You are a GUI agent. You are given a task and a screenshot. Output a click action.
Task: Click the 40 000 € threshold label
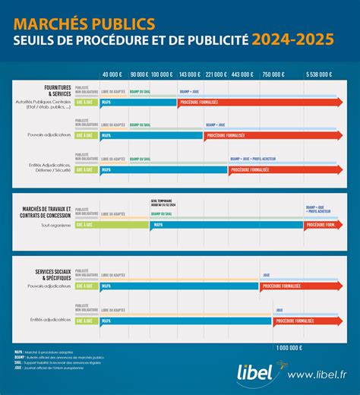point(111,74)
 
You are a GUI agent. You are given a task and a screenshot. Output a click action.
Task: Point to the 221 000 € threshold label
point(216,74)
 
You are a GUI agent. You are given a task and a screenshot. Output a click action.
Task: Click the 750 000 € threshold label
point(272,74)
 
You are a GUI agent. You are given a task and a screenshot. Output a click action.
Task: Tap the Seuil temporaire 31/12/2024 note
point(163,204)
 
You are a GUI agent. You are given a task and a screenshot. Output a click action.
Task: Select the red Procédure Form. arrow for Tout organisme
point(323,225)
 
